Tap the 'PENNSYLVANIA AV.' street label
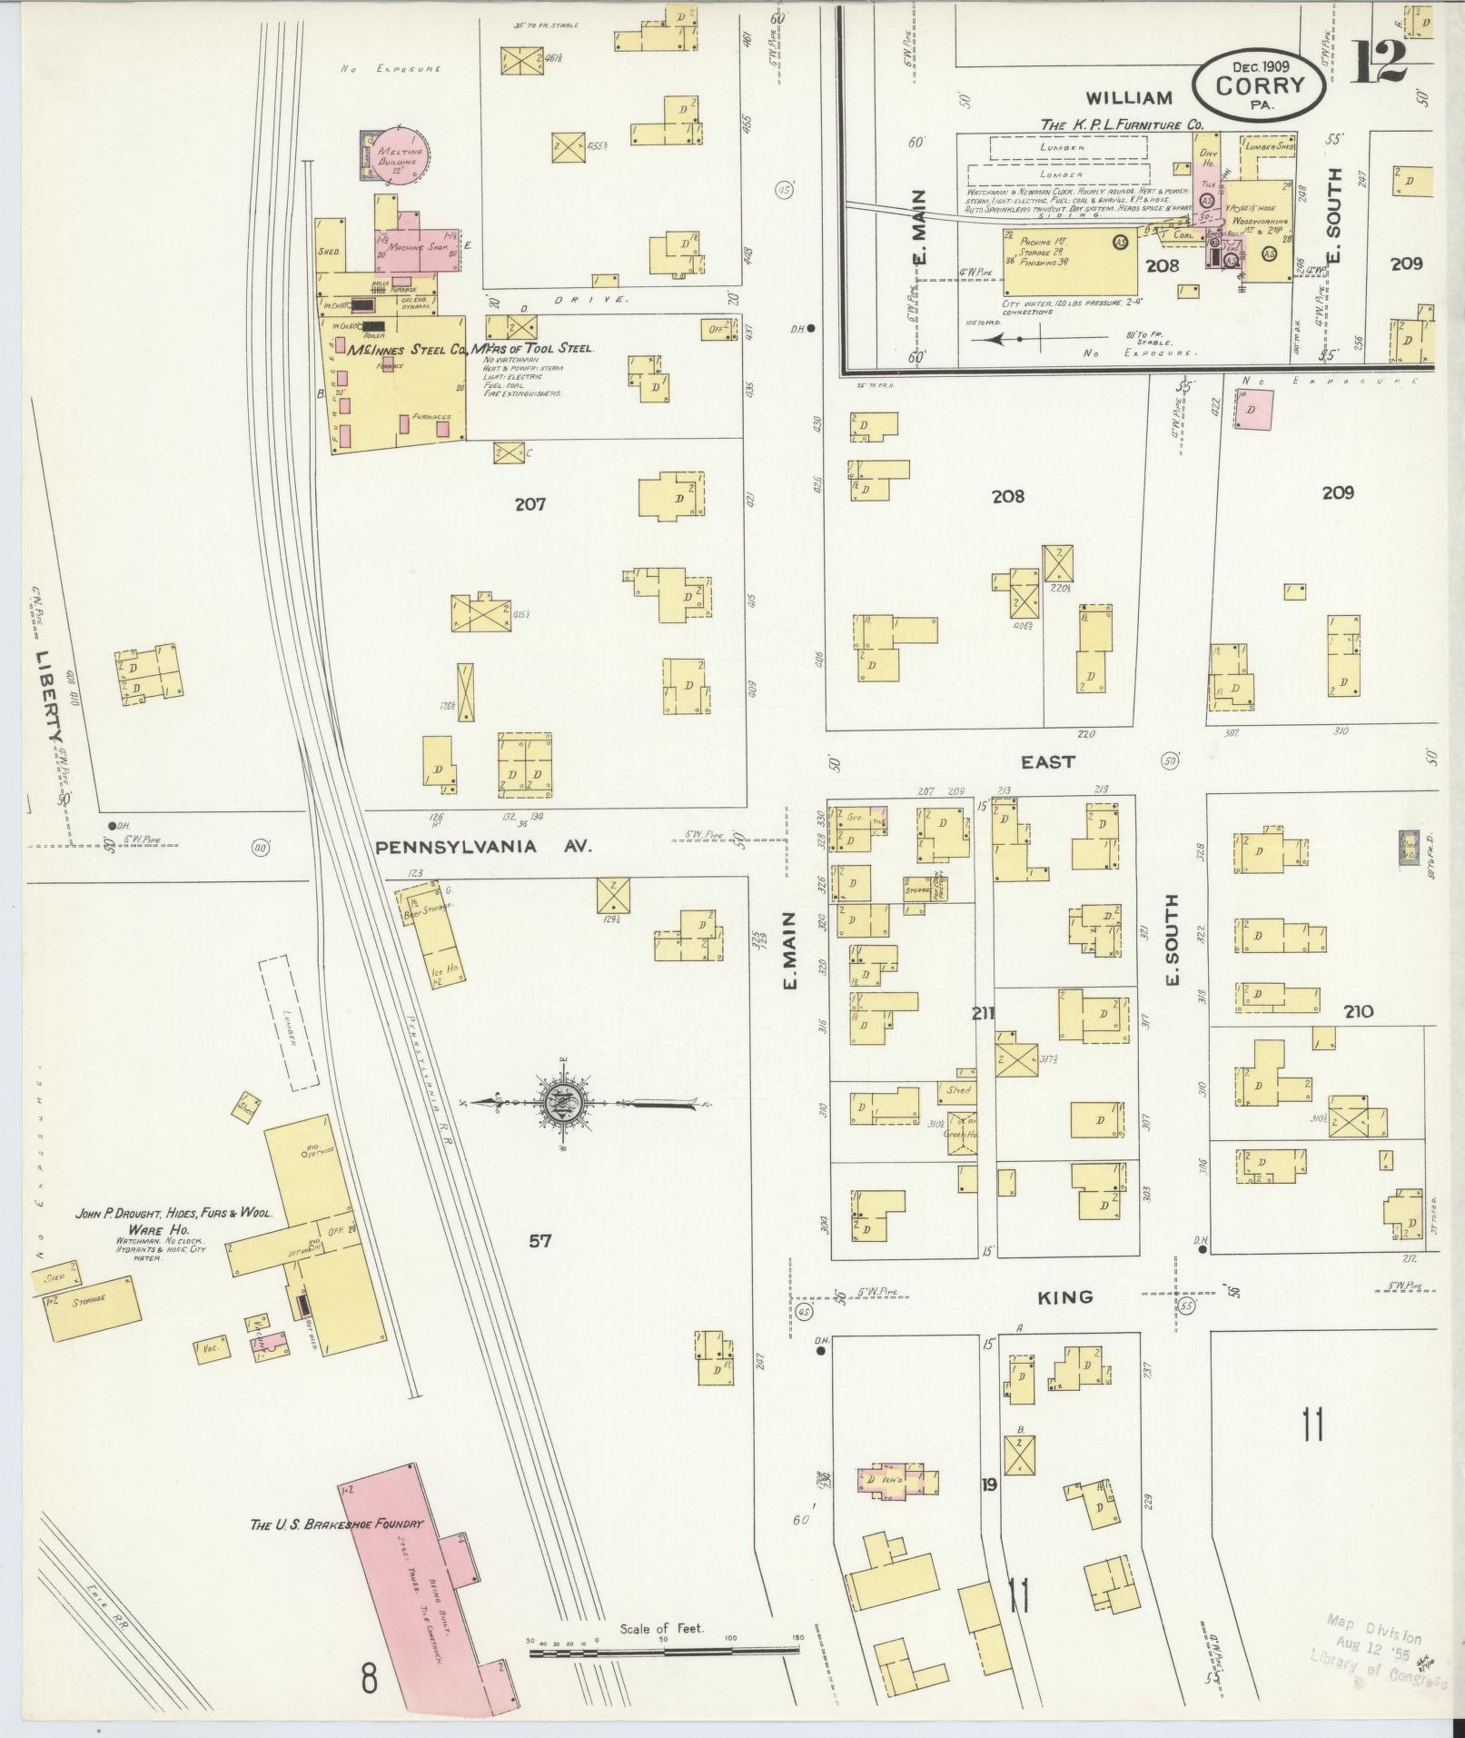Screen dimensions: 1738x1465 tap(483, 847)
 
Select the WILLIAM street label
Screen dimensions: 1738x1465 tap(1129, 97)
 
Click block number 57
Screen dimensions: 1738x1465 tap(540, 1240)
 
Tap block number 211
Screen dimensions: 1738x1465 tap(984, 1013)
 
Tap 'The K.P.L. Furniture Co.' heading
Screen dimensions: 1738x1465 tap(1122, 124)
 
